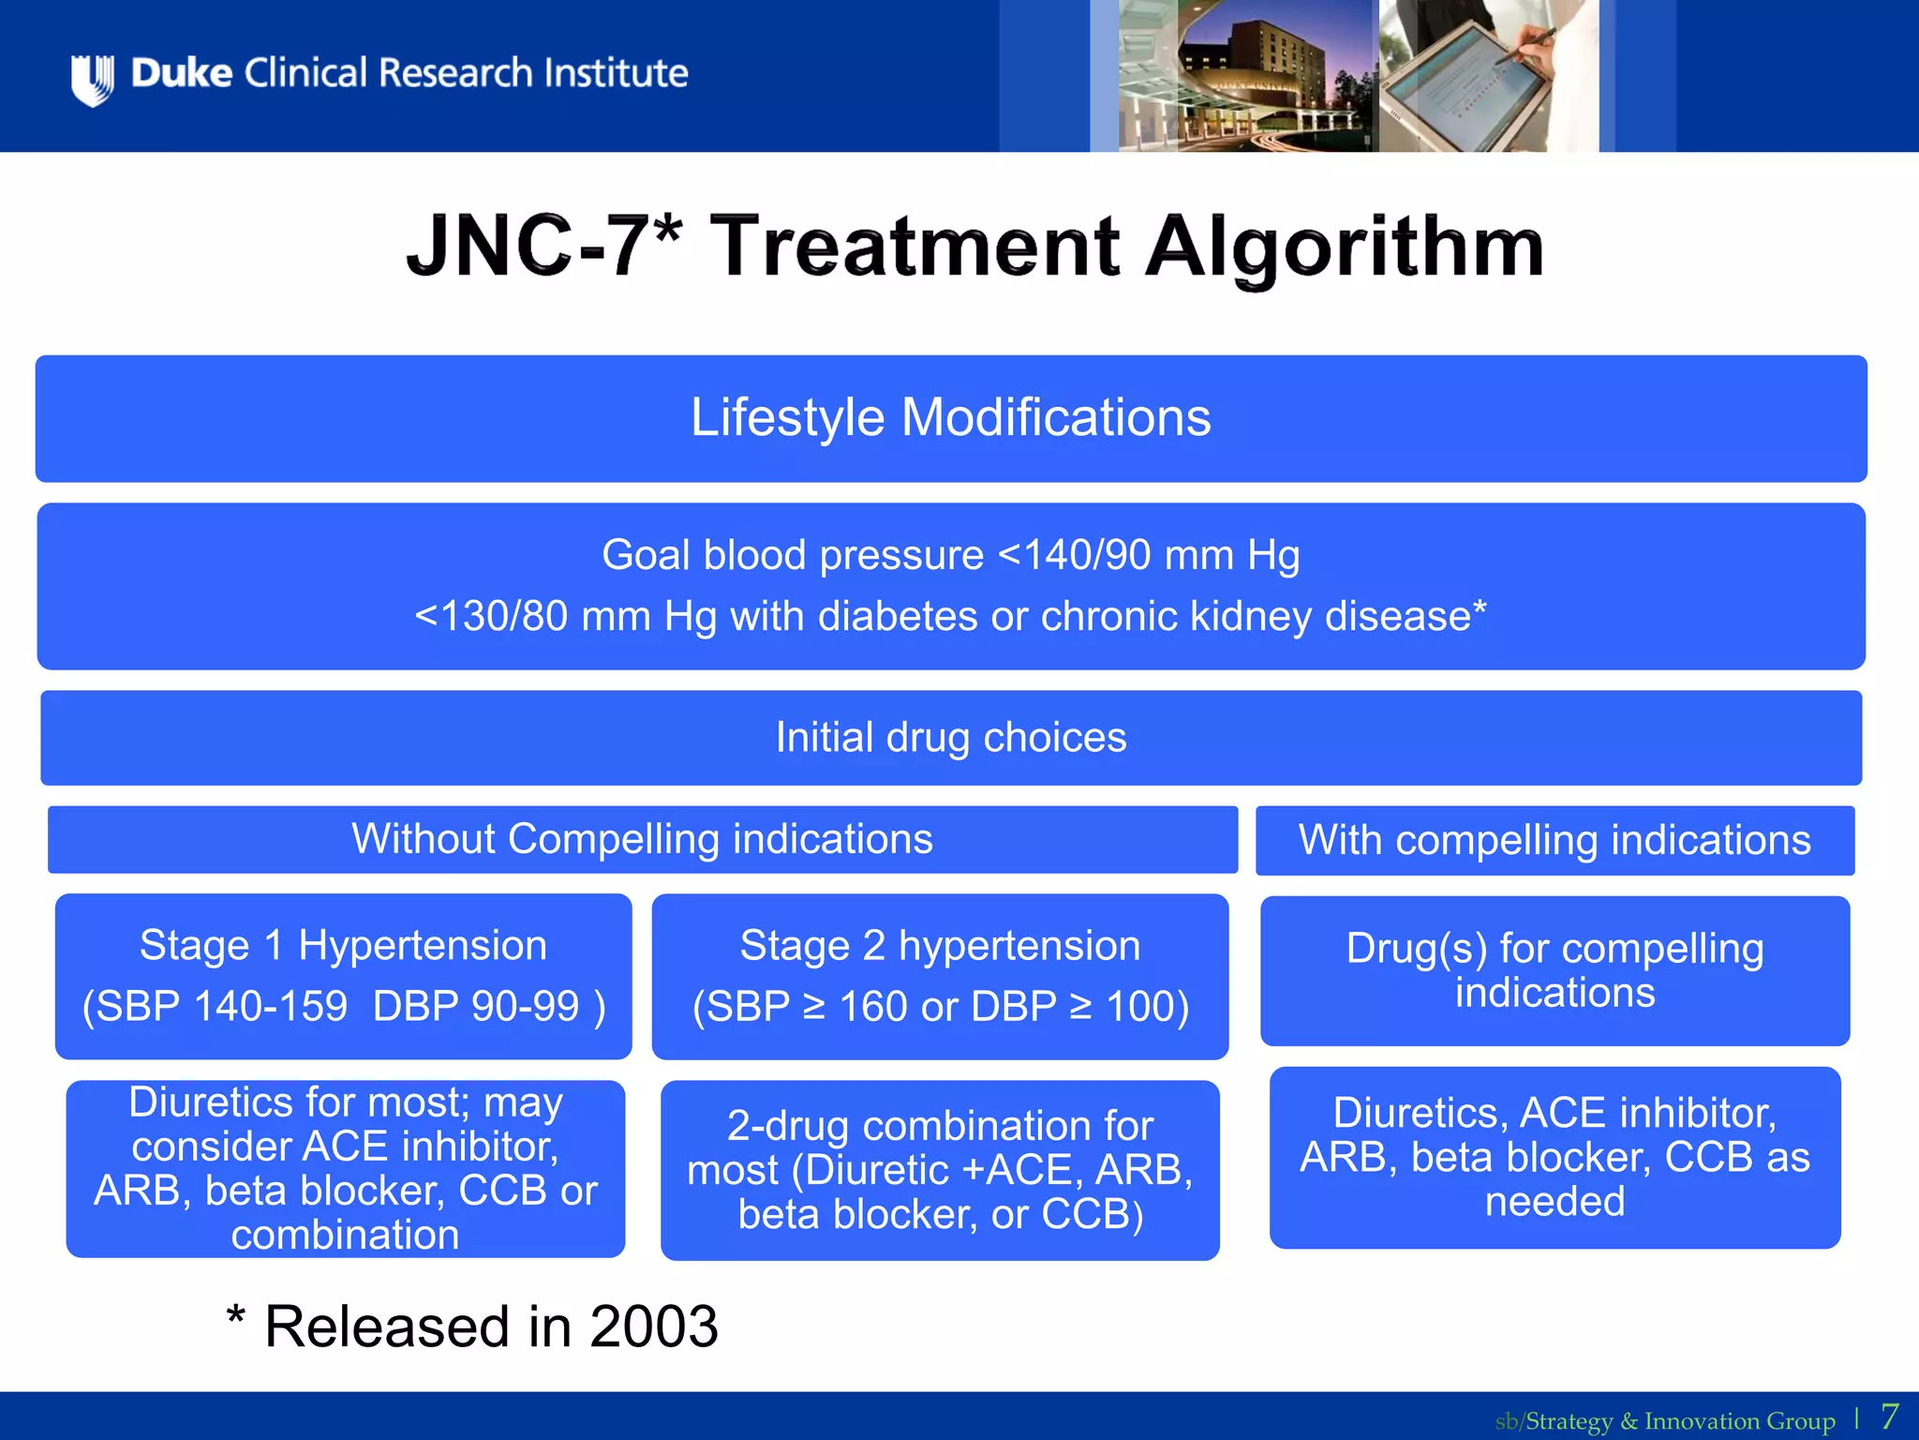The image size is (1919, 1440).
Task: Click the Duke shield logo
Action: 93,79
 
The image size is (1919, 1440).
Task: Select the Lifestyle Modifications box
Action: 950,418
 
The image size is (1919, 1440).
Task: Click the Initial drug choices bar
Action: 950,738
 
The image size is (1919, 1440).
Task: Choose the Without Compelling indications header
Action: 642,839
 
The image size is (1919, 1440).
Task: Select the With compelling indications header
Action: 1555,840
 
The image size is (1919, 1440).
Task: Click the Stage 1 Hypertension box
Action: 343,976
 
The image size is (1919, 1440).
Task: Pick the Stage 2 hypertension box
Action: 940,976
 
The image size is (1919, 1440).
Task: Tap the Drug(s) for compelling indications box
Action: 1555,970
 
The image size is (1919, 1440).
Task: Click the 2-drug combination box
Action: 940,1170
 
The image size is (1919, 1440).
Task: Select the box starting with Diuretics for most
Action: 345,1168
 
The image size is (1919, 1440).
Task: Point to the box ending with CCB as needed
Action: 1555,1157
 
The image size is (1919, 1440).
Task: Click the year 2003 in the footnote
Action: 654,1327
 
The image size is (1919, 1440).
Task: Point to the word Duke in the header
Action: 182,73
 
